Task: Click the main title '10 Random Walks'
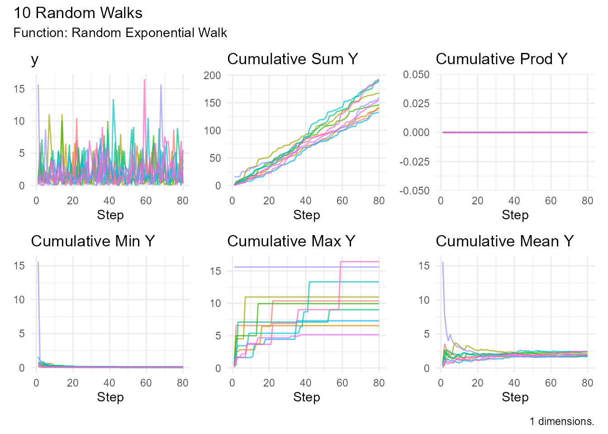coord(78,13)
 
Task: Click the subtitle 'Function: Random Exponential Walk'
coord(120,33)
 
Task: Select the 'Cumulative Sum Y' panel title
coord(292,59)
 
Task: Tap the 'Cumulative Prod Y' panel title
coord(501,59)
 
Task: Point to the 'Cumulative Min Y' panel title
coord(93,241)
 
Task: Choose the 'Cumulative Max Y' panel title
coord(291,241)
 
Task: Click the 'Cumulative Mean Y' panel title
coord(504,241)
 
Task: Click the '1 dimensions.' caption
coord(561,421)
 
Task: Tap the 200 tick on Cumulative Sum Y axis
coord(212,75)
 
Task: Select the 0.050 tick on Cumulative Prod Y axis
coord(416,75)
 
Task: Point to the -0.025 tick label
coord(414,162)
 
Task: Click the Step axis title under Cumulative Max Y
coord(306,397)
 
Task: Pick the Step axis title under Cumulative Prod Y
coord(515,215)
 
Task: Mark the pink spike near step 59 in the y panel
coord(144,80)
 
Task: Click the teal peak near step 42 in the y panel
coord(113,100)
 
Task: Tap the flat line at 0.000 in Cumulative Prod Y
coord(515,132)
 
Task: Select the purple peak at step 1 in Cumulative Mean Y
coord(442,262)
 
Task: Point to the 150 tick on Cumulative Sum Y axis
coord(212,103)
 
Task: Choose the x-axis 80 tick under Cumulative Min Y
coord(183,383)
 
